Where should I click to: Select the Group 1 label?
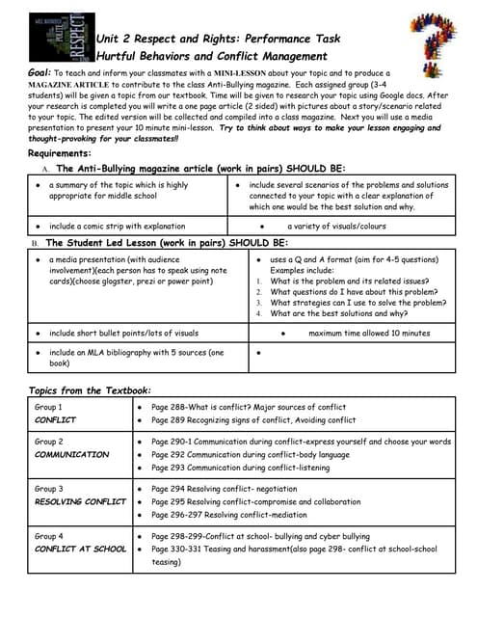click(49, 408)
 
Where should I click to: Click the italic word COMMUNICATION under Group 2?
click(72, 454)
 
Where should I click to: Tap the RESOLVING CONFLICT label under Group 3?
click(80, 501)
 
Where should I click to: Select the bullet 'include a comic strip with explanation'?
click(118, 227)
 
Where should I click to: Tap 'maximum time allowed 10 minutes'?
click(369, 333)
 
